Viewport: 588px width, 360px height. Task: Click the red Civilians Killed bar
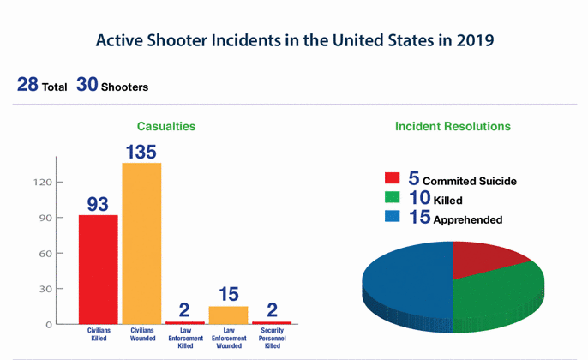[x=99, y=269]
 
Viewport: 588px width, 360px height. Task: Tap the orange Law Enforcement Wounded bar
[x=228, y=315]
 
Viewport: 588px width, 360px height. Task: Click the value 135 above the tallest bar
[x=141, y=151]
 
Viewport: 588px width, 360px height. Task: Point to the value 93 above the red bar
[x=99, y=204]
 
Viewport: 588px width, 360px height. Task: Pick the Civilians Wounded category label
[x=141, y=333]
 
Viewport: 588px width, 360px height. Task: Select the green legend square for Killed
[x=393, y=200]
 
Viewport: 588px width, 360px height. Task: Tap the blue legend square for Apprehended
[x=393, y=219]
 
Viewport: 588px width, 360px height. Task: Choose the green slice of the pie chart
[x=501, y=291]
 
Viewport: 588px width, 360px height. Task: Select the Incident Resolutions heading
[x=453, y=126]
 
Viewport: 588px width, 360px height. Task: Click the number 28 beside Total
[x=27, y=87]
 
